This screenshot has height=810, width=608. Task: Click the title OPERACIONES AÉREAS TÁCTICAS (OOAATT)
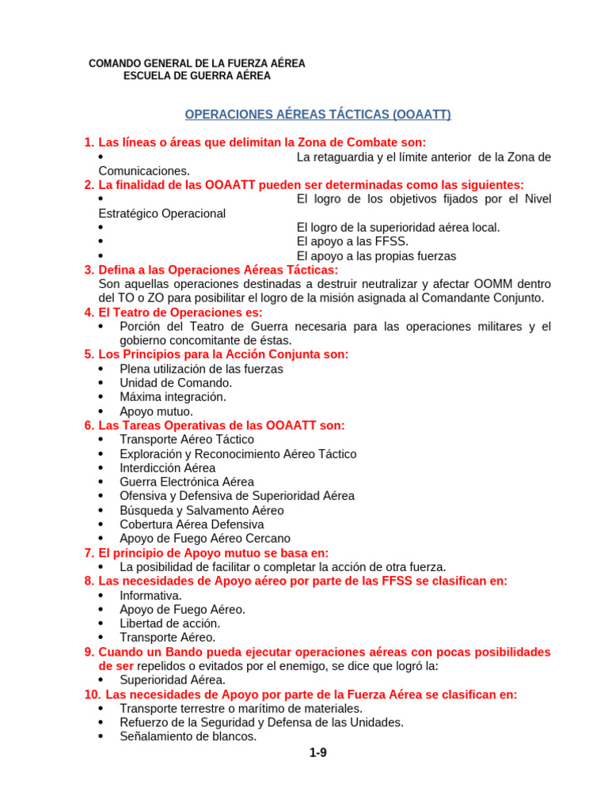317,115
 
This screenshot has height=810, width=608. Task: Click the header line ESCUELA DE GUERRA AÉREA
197,76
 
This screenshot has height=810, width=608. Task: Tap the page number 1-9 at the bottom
318,753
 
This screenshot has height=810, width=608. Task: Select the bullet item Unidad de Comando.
176,383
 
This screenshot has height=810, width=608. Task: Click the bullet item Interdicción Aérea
167,468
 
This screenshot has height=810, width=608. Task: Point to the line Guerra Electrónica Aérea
187,482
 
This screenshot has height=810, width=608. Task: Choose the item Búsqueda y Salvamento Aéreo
201,510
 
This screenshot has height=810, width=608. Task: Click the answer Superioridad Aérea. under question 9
173,679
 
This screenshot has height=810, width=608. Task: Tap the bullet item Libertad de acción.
169,623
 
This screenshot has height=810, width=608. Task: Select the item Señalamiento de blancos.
188,736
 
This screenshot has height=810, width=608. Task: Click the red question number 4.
89,312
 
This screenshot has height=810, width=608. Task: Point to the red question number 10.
93,695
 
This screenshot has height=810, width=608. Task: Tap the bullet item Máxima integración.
173,397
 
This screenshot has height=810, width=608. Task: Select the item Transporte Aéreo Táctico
187,440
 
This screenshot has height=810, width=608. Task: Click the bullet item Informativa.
150,595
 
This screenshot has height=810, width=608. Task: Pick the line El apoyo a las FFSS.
352,242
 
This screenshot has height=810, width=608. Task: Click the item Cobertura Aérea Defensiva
192,524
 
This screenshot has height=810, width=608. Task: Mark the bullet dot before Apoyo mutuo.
101,412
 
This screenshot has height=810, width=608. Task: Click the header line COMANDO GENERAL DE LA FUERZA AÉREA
197,63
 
